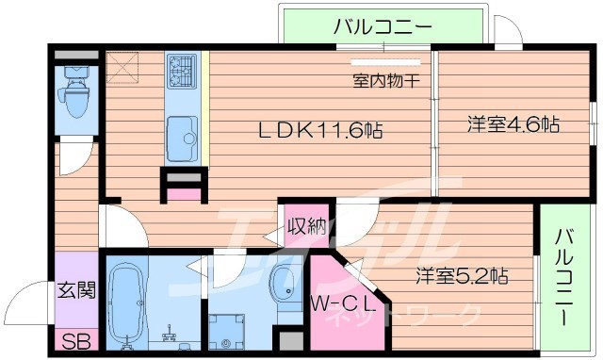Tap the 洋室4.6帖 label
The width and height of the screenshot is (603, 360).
click(x=514, y=124)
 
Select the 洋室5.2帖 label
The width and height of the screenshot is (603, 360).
click(x=463, y=276)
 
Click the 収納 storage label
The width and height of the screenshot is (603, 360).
click(x=307, y=227)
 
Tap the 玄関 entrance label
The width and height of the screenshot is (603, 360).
click(x=76, y=290)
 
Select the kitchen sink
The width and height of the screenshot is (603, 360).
click(x=181, y=139)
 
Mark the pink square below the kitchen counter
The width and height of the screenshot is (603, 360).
click(x=185, y=194)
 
